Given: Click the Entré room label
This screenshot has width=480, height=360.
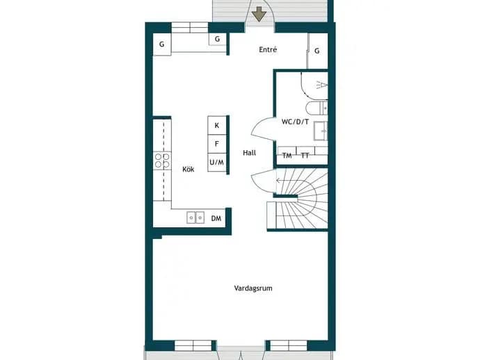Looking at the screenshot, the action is tap(268, 49).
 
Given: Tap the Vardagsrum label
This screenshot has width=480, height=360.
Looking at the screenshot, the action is tap(253, 288).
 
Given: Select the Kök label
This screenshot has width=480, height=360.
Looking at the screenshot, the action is tap(189, 169).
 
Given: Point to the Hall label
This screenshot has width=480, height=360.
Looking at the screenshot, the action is tap(250, 153).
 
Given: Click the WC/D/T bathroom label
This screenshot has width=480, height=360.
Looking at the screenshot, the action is tap(295, 122).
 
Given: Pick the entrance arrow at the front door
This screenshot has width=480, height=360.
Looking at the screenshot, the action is tap(259, 15).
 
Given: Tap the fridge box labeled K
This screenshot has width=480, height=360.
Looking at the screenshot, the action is tap(217, 125).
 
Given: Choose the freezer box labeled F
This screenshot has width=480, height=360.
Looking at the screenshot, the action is tap(217, 144).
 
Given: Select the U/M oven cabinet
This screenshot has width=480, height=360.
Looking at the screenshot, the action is tap(217, 162).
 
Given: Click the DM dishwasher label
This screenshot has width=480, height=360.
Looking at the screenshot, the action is tap(216, 218).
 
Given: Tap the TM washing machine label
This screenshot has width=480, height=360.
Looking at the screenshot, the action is tap(287, 156).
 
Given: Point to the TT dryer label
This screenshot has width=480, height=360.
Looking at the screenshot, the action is tap(305, 156).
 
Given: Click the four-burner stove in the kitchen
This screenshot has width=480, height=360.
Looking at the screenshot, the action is tap(162, 161).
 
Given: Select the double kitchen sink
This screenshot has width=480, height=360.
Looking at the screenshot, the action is tap(195, 218).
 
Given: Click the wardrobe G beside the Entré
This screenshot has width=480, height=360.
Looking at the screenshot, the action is tap(317, 51).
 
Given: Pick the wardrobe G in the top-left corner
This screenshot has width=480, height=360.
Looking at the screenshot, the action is tap(161, 44).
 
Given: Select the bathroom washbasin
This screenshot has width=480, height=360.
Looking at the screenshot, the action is tap(321, 131).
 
